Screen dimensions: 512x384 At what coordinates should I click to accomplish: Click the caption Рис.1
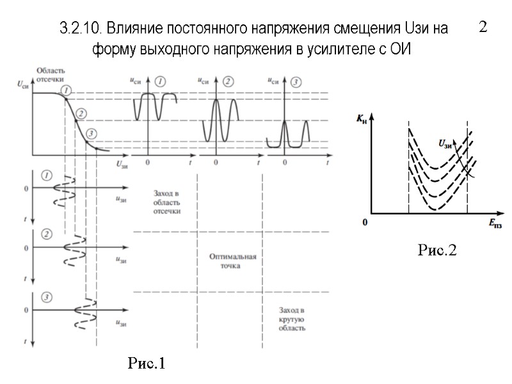(147, 364)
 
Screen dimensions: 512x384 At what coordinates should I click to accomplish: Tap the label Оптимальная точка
(233, 261)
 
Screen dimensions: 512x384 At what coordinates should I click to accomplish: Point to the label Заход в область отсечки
(168, 201)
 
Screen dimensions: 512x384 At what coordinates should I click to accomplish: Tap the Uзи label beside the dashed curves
(445, 143)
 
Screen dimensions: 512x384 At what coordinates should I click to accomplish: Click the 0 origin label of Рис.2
(365, 223)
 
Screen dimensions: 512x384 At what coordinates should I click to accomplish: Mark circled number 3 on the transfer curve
(91, 134)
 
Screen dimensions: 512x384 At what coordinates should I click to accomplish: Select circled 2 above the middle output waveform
(228, 81)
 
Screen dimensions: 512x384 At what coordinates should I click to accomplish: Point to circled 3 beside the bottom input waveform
(46, 296)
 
